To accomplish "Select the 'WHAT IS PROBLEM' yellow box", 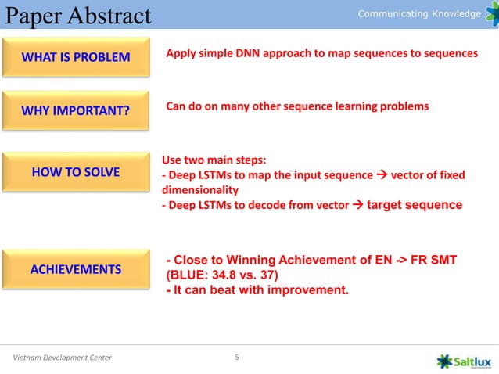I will point(75,57).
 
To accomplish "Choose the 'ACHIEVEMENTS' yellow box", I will point(75,269).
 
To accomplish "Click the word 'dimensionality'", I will point(199,189).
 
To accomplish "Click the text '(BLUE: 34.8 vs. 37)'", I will point(221,275).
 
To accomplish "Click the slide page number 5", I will point(238,358).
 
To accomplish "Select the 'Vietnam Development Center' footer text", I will point(63,358).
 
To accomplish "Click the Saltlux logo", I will point(465,360).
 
